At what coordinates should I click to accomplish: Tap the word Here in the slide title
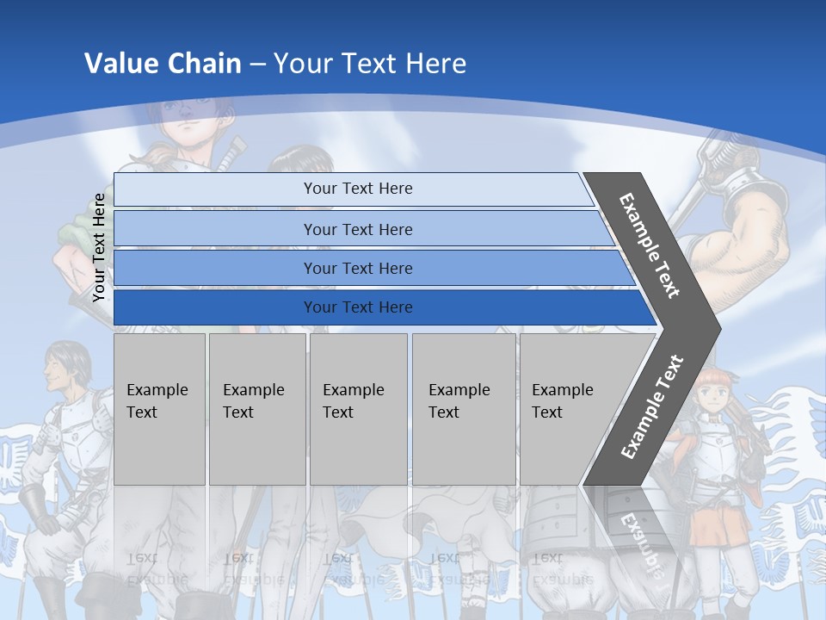click(435, 64)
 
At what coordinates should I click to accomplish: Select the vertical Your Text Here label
click(99, 247)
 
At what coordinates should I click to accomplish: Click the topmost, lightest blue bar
click(357, 189)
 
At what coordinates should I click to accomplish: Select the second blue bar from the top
click(357, 229)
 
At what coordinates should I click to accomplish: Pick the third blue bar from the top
click(357, 269)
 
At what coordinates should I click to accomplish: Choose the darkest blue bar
click(357, 307)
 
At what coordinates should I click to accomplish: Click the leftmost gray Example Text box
click(159, 409)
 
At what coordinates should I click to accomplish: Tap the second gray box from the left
click(256, 409)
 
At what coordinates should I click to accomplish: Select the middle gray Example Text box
click(358, 409)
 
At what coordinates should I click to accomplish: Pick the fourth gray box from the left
click(464, 409)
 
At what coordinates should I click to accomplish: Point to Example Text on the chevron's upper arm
click(650, 245)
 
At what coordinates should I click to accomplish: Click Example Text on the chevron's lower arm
click(652, 406)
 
